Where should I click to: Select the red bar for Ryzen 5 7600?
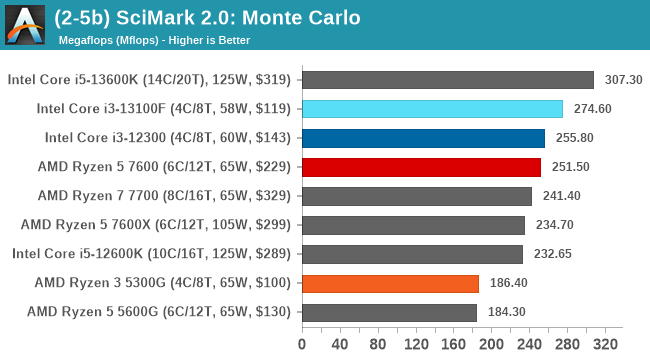coord(421,167)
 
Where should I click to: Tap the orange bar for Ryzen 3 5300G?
coord(390,283)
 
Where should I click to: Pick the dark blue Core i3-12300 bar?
coord(423,138)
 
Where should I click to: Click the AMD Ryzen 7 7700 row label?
coord(164,196)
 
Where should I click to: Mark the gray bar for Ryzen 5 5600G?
coord(389,312)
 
